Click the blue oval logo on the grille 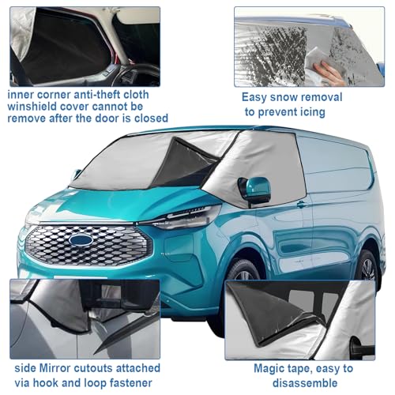click(x=81, y=239)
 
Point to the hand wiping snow click(x=329, y=73)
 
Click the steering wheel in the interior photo click(x=137, y=75)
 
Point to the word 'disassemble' click(x=305, y=382)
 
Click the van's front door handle click(x=301, y=204)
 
